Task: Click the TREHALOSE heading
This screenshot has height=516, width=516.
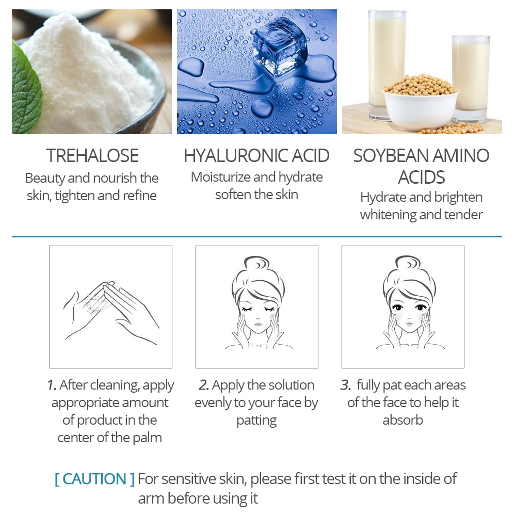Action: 92,155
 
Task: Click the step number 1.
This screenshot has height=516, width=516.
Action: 52,385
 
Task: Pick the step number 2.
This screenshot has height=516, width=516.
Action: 203,385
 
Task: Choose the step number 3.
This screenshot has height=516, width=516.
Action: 345,385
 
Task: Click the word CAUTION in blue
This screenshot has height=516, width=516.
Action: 95,479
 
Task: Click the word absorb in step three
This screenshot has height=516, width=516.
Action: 402,420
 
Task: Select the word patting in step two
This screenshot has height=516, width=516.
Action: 256,421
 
